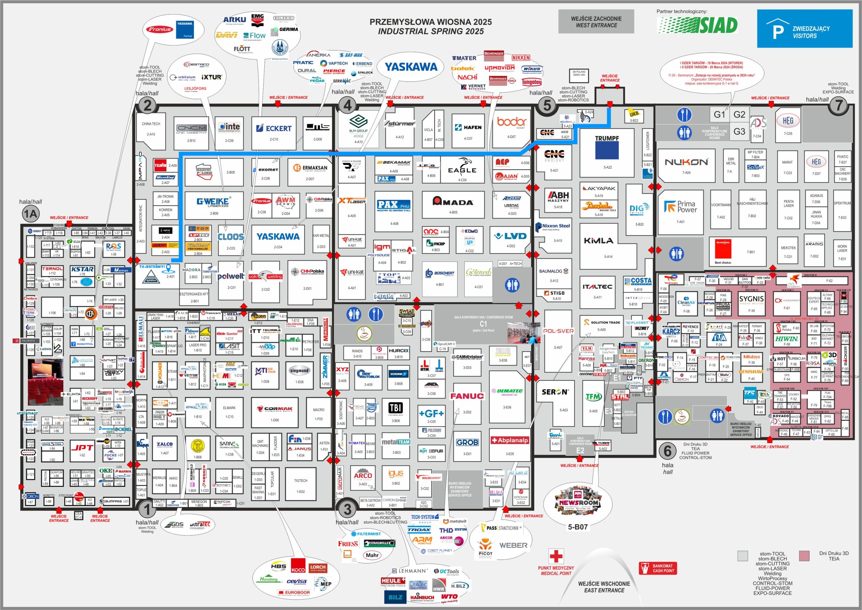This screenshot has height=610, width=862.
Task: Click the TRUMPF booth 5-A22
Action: (606, 152)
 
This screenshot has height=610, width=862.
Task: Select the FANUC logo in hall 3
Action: (467, 396)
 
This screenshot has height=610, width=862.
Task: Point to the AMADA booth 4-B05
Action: (452, 205)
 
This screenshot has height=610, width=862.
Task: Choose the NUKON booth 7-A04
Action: (686, 165)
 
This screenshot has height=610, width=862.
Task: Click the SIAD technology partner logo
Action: (697, 26)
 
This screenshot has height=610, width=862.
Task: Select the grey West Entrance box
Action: (596, 22)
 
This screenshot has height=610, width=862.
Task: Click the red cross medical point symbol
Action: (556, 556)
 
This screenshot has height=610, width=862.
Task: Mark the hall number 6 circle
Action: (667, 450)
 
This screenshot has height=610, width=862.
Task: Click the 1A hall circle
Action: (30, 214)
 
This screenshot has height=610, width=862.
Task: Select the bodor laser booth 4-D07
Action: (511, 128)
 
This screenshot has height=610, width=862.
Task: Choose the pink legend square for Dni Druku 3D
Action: (804, 556)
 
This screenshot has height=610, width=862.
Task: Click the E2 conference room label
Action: (580, 450)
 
